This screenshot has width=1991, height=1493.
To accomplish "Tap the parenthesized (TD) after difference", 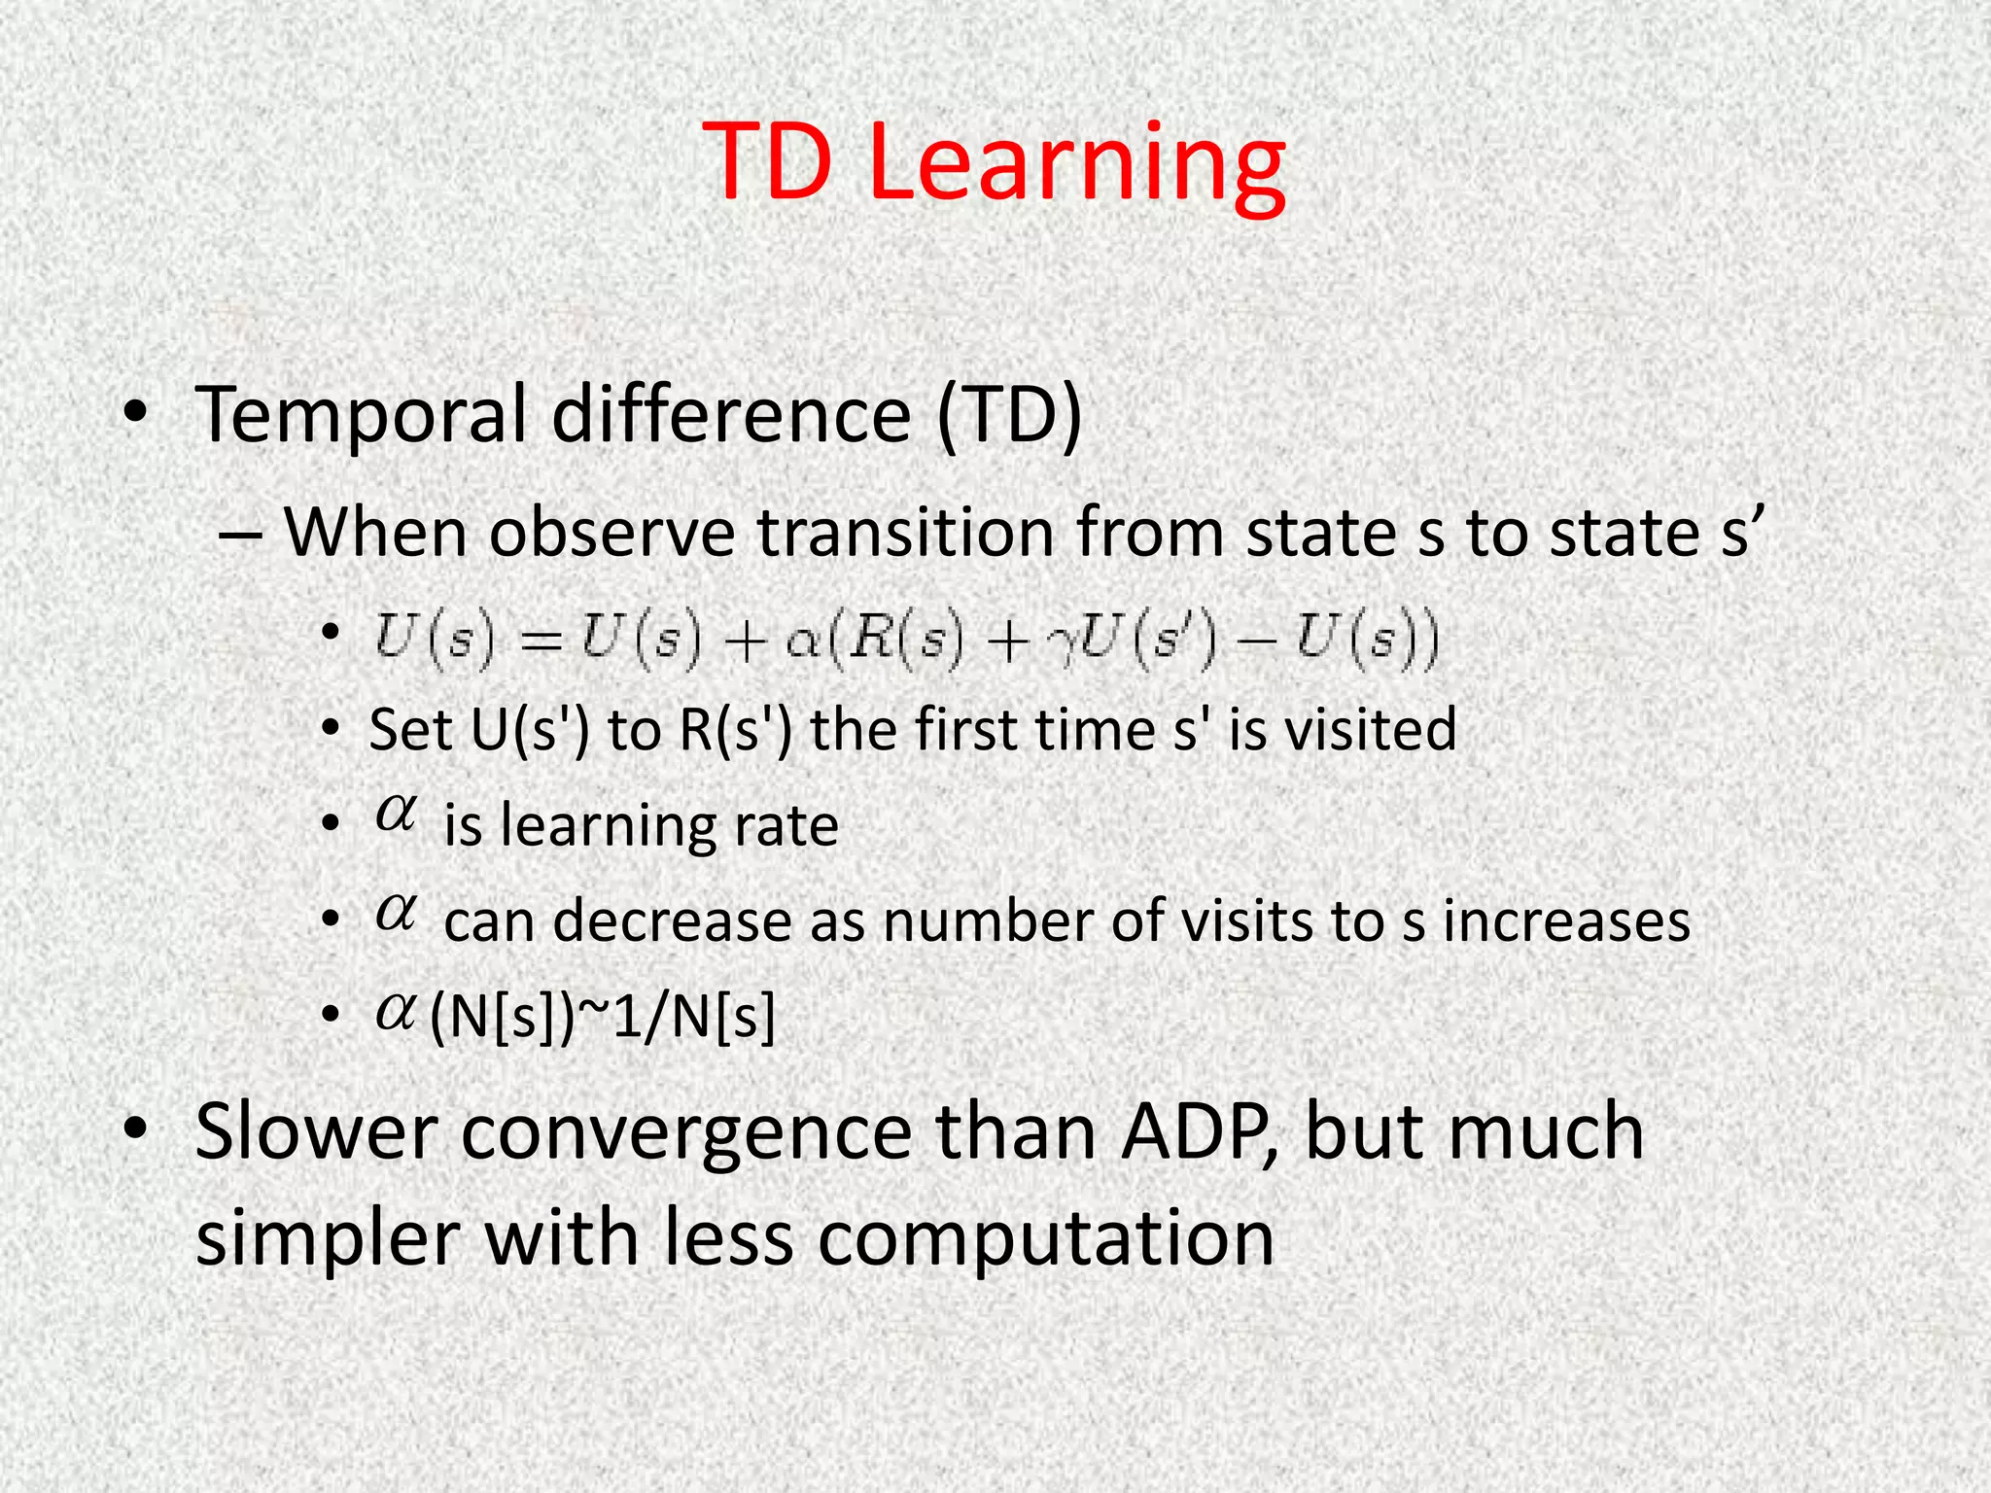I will point(1009,416).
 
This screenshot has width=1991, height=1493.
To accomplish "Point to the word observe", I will point(611,534).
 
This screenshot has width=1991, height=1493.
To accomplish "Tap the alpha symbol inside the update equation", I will point(803,643).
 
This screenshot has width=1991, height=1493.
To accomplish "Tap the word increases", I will point(1566,920).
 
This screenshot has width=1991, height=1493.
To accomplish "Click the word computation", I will point(1044,1239).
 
